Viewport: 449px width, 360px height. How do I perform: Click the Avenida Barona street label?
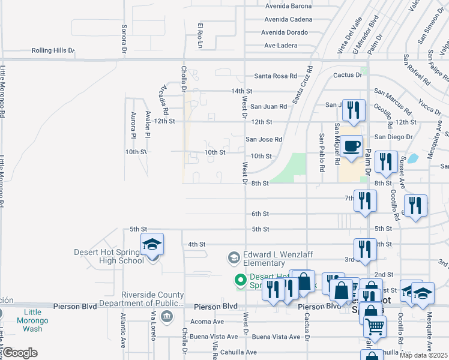click(289, 6)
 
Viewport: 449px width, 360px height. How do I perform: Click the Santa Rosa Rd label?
click(276, 76)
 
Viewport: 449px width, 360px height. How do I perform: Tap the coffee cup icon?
click(352, 146)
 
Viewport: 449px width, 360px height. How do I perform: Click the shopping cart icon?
click(375, 327)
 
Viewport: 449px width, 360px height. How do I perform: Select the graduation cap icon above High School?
click(152, 245)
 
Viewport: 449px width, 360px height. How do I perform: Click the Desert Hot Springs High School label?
click(109, 256)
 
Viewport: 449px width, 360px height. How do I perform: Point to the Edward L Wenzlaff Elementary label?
click(272, 259)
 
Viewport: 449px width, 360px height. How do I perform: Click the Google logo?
click(20, 353)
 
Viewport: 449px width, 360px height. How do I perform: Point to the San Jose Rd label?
click(264, 139)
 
